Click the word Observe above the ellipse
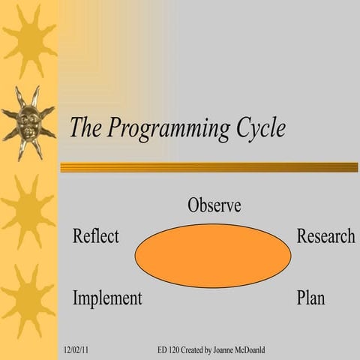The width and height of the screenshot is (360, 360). pos(214,205)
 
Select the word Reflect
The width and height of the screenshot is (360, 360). pos(95,236)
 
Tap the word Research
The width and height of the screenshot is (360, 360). pos(325,236)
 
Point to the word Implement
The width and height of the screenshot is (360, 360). pos(106,298)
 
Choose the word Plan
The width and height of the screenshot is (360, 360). pos(310,298)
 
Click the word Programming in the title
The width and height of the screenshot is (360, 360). pos(167,129)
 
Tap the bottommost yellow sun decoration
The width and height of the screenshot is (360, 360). pos(28,300)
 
